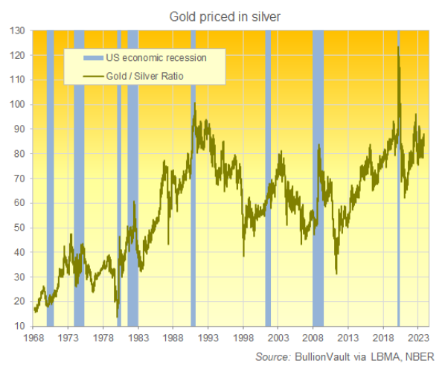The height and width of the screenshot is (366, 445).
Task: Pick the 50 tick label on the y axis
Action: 21,228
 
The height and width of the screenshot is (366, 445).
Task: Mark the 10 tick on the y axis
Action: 21,326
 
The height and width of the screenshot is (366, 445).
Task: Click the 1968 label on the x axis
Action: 33,337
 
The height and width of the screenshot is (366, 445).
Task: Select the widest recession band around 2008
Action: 318,179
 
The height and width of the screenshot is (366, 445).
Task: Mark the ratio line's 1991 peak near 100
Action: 194,103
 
